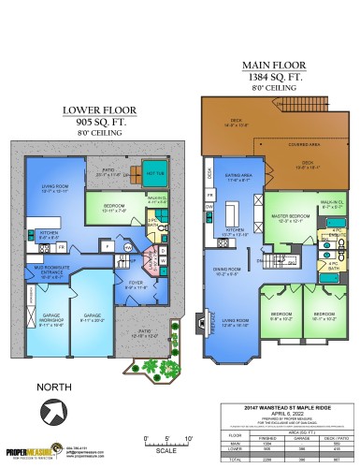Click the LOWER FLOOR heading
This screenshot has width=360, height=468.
click(94, 110)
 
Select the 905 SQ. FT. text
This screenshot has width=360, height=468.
click(94, 122)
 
